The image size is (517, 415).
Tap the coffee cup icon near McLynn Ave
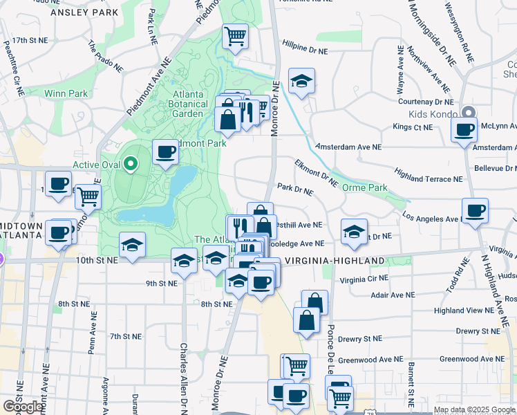(x=464, y=129)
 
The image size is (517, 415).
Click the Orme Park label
(x=368, y=187)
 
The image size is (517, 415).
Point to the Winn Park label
(x=66, y=93)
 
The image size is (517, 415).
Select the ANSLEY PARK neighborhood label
(x=85, y=12)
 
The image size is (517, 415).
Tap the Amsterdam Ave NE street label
(x=348, y=147)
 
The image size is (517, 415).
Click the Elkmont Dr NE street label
(x=316, y=172)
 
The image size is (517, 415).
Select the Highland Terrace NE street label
(x=429, y=175)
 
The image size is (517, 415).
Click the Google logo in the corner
(x=23, y=407)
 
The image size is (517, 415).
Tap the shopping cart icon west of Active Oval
(x=88, y=196)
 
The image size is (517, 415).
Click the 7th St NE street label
(x=125, y=336)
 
